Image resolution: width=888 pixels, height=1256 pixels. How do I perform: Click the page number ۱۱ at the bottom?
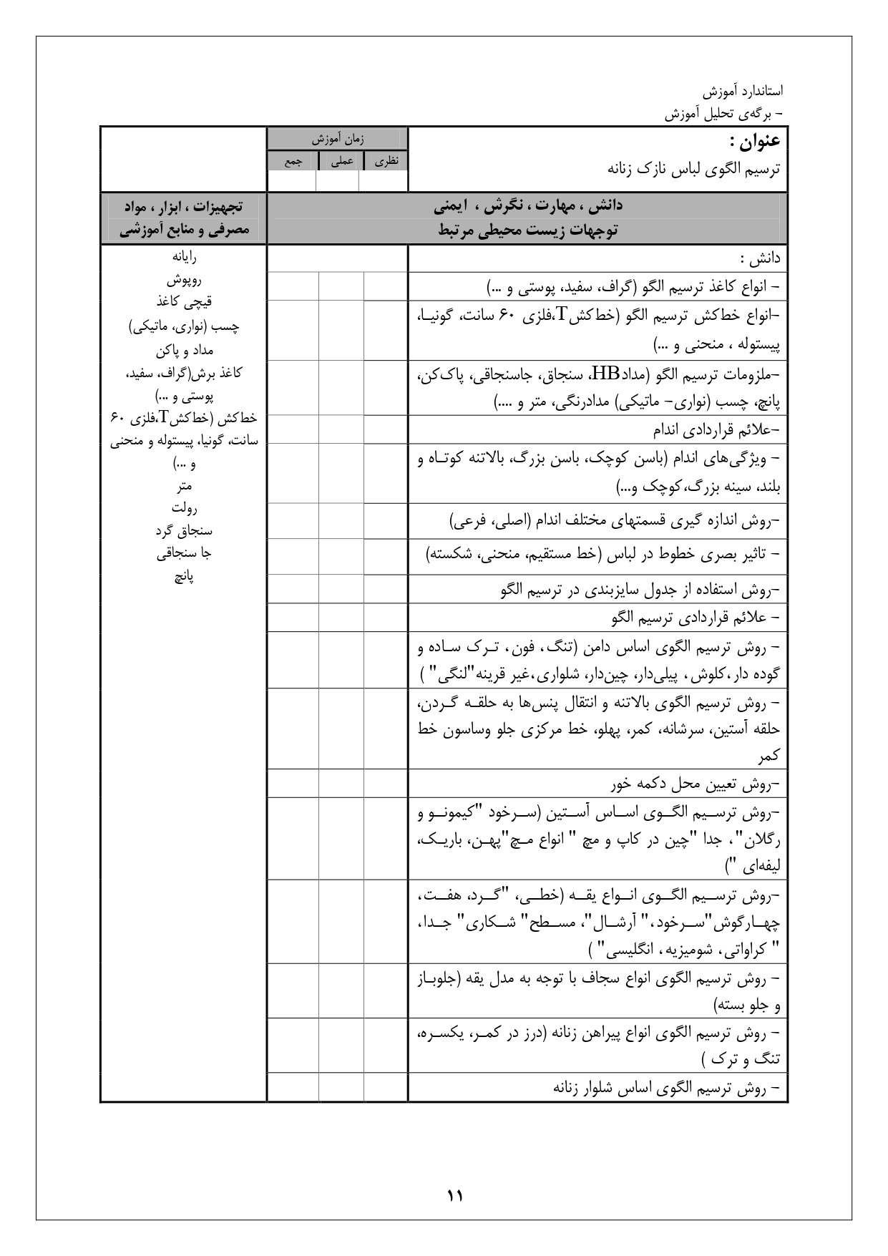coord(455,1195)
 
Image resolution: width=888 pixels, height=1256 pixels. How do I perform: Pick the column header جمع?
coord(293,162)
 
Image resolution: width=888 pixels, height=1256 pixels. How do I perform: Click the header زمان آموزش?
coord(337,137)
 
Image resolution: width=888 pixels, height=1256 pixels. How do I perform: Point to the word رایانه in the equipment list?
coord(184,257)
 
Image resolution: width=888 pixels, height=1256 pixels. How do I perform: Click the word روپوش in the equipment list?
coord(184,280)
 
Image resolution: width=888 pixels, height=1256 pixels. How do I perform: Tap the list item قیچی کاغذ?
coord(184,303)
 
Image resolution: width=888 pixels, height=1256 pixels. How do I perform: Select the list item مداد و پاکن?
coord(184,351)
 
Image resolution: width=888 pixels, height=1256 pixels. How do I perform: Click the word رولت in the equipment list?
coord(184,508)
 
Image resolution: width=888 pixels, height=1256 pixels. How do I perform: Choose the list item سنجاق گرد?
coord(184,531)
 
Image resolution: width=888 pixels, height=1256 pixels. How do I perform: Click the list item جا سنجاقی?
coord(184,553)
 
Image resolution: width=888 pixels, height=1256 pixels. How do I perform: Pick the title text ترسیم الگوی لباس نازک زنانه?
coord(693,170)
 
